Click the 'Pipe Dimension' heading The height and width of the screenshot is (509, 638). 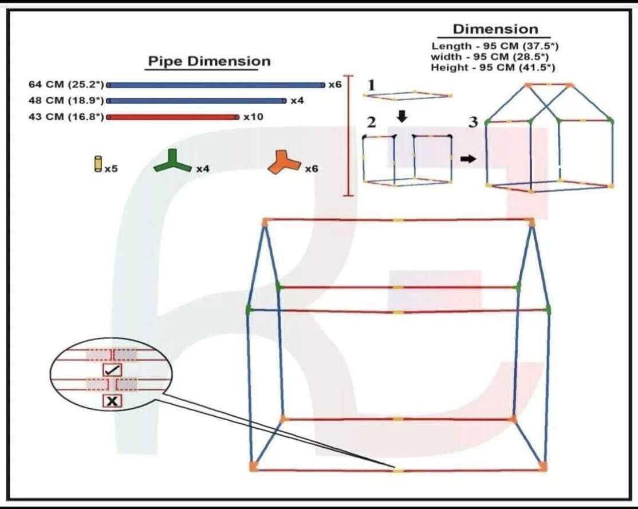(x=209, y=61)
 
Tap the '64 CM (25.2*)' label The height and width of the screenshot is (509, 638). (x=66, y=85)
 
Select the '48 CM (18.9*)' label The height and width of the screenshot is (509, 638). (x=66, y=101)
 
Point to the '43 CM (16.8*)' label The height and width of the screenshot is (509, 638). (x=66, y=117)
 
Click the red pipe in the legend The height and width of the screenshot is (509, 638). (x=172, y=117)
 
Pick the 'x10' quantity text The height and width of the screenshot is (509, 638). (x=253, y=117)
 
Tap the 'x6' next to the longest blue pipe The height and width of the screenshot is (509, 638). (x=335, y=85)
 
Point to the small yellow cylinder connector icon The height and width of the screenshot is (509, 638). (x=98, y=164)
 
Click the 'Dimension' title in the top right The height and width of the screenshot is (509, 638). (x=495, y=29)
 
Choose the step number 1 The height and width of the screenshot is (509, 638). (x=371, y=85)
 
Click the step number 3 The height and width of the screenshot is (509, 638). (x=473, y=122)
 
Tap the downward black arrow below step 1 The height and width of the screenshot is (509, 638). (x=402, y=116)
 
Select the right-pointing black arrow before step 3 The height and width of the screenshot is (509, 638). (x=468, y=159)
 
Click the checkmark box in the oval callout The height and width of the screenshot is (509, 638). (x=112, y=370)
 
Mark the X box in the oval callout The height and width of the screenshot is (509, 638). (x=112, y=401)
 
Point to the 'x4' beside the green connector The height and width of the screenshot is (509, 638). (x=203, y=169)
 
